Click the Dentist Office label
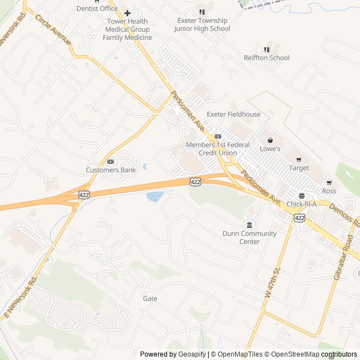97,8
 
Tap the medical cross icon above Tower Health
127,13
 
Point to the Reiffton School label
267,57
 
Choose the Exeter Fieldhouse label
233,114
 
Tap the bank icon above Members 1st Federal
218,136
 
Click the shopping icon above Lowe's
270,140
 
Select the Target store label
299,168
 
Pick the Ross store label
329,191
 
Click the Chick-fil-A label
301,204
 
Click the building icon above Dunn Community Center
249,225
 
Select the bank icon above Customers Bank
111,161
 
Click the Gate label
150,299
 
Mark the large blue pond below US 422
155,196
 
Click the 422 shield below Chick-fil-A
299,217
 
